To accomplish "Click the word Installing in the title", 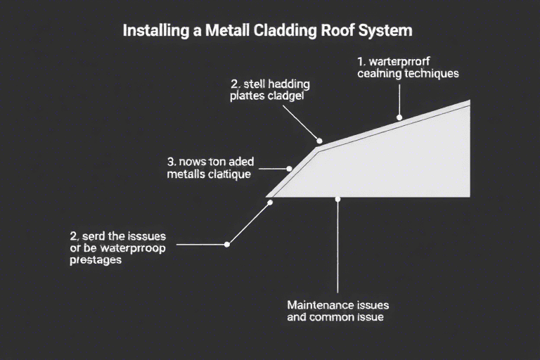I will click(149, 32).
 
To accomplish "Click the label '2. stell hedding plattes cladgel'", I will click(270, 91).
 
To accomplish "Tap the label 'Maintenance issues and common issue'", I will click(337, 311).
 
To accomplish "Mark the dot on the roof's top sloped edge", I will click(399, 118).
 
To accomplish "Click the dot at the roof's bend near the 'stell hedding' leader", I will click(319, 141).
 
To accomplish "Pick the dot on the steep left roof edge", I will click(289, 169).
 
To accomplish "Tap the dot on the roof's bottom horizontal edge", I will click(337, 199).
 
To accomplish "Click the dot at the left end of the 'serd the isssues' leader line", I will click(226, 245).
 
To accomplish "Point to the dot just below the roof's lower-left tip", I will click(270, 202).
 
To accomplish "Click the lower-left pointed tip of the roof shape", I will click(267, 196).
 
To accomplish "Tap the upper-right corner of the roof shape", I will click(469, 101).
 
